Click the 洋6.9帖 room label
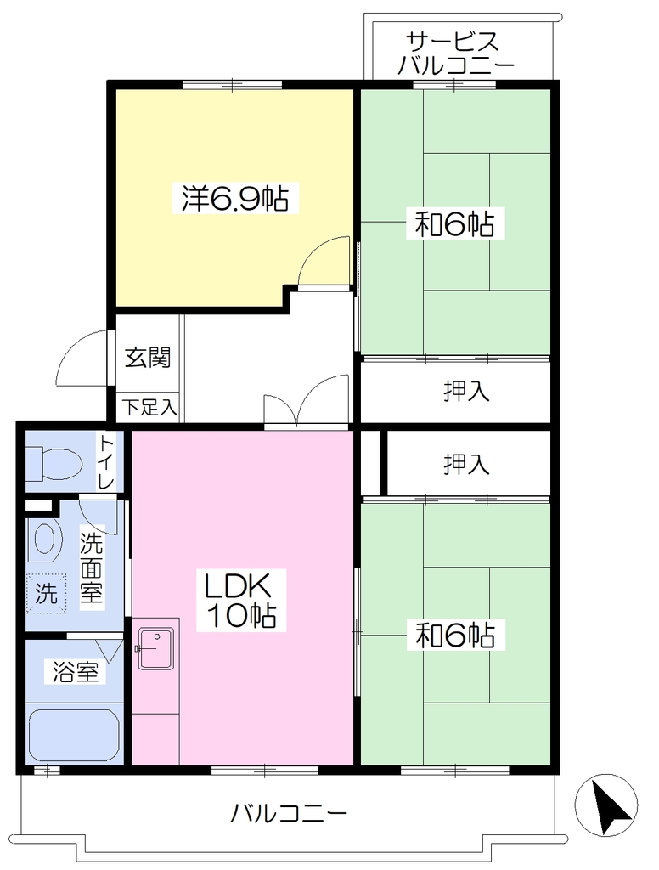click(x=235, y=197)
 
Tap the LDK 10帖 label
click(x=239, y=600)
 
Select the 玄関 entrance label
click(x=147, y=358)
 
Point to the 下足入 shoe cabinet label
click(x=149, y=408)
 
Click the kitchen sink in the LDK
click(x=156, y=648)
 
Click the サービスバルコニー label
click(x=456, y=54)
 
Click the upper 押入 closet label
click(x=466, y=392)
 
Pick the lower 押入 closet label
click(x=466, y=465)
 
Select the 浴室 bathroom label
click(x=76, y=673)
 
